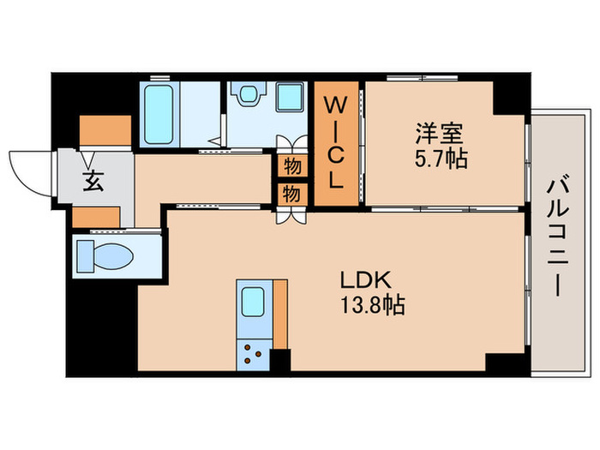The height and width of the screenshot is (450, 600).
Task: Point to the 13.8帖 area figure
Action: [x=370, y=305]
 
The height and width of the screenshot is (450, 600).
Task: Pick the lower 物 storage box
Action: [x=291, y=194]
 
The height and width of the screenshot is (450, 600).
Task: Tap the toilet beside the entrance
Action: [x=107, y=255]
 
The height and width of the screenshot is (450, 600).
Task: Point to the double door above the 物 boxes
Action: [x=292, y=144]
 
